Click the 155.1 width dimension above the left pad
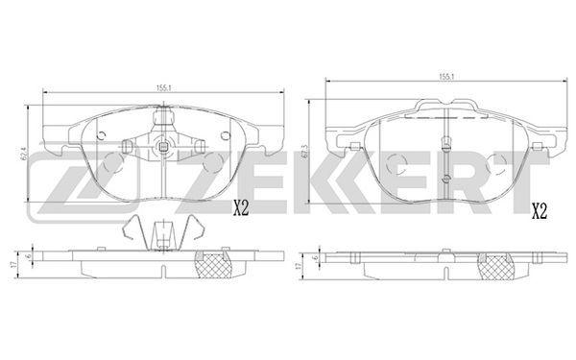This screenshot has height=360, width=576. pyautogui.click(x=164, y=87)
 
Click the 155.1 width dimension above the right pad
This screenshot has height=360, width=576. pyautogui.click(x=446, y=77)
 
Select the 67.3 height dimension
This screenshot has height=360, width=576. pyautogui.click(x=303, y=152)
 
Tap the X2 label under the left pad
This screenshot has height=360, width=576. pyautogui.click(x=241, y=209)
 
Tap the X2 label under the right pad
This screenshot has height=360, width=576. pyautogui.click(x=540, y=211)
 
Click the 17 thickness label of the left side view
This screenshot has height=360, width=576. pyautogui.click(x=13, y=264)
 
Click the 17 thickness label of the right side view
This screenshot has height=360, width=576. pyautogui.click(x=298, y=265)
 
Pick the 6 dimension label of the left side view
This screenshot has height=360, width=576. pyautogui.click(x=28, y=256)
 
